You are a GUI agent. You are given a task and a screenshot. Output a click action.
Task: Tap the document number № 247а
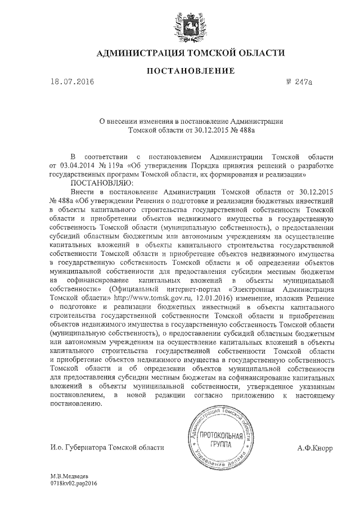point(299,83)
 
